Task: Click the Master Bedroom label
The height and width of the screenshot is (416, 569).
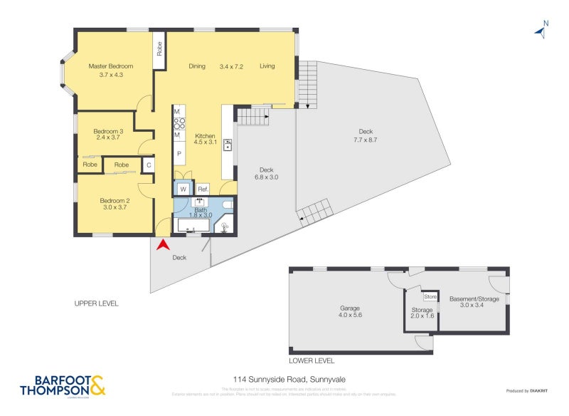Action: [110, 66]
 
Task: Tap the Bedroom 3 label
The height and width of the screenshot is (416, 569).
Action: [107, 131]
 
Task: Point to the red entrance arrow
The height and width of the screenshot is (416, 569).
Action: [163, 244]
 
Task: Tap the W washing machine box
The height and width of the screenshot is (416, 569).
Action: [183, 189]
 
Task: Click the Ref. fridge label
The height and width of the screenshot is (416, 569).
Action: [203, 189]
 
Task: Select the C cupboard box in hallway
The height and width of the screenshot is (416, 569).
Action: [149, 165]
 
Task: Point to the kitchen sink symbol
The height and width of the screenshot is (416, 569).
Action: [228, 145]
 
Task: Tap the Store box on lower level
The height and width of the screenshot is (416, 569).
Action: [430, 296]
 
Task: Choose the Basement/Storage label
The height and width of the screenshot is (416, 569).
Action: [474, 299]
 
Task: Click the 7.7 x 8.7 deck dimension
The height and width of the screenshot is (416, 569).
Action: [366, 140]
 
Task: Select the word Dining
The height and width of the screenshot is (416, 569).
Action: [197, 66]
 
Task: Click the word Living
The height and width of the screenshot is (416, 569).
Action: [267, 66]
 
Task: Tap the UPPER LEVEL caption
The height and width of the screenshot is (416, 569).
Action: [96, 303]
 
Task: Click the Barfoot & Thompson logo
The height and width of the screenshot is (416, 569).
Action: [63, 385]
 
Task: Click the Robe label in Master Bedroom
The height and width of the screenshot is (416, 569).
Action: [159, 49]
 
